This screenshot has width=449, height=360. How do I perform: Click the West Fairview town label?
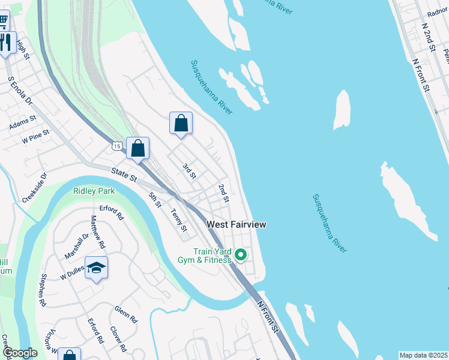coord(236,224)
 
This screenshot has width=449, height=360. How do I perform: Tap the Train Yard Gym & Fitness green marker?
coord(241,256)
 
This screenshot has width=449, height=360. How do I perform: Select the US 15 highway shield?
coord(116,146)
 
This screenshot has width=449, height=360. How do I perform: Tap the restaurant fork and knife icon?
coord(6,42)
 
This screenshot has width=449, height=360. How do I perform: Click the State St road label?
coord(124,175)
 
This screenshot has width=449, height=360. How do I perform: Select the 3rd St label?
coord(189,171)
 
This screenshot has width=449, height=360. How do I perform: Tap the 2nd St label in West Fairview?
coord(224,193)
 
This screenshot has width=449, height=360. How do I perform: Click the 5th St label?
coord(155,200)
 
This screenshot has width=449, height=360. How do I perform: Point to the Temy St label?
coord(178,218)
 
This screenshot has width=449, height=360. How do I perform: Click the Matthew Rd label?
coord(97,232)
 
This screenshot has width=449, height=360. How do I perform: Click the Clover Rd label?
coord(117,339)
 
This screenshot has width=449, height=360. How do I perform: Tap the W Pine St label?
coord(34,139)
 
